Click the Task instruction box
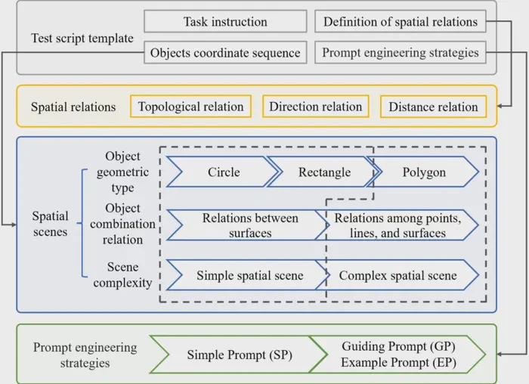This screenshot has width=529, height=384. point(225,21)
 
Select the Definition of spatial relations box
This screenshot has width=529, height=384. point(401,21)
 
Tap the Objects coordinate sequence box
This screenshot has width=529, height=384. point(225,52)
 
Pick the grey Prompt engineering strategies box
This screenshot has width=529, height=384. point(401,52)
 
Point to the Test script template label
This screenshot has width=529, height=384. point(82,38)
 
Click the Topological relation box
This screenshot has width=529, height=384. point(190,107)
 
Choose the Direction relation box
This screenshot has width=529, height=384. point(315,107)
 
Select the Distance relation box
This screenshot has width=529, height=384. point(433,107)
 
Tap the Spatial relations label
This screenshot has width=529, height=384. point(73,107)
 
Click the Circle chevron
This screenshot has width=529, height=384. point(224,172)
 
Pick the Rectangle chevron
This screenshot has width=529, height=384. point(324,172)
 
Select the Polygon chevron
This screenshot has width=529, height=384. point(424,172)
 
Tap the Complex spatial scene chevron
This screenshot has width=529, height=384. point(398,275)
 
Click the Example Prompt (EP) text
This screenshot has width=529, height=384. point(398,362)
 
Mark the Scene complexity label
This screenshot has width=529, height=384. point(122,274)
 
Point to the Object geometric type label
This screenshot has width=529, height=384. point(122,172)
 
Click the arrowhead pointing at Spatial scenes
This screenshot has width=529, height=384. point(14,225)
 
